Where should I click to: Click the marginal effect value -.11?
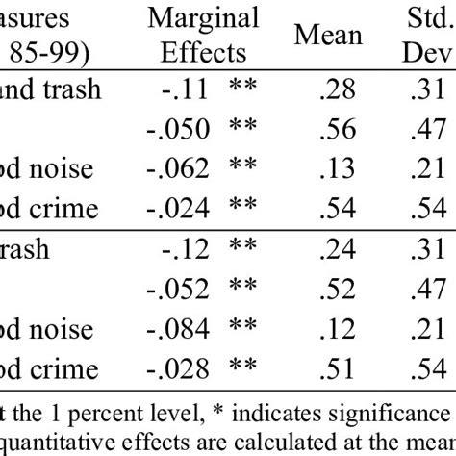pyautogui.click(x=186, y=90)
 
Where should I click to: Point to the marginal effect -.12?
pyautogui.click(x=186, y=249)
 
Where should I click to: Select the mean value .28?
pyautogui.click(x=334, y=90)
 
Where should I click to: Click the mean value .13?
pyautogui.click(x=334, y=169)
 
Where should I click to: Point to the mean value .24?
pyautogui.click(x=334, y=249)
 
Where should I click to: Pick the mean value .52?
pyautogui.click(x=334, y=289)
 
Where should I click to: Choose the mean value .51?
pyautogui.click(x=334, y=368)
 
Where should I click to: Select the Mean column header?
pyautogui.click(x=328, y=36)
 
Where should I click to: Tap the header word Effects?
pyautogui.click(x=203, y=52)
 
